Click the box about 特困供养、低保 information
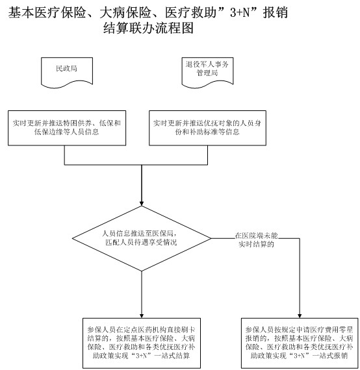[x=67, y=128]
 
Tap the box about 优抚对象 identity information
[x=207, y=128]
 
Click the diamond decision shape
[x=142, y=238]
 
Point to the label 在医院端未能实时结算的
[x=256, y=240]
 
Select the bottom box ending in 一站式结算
[x=142, y=343]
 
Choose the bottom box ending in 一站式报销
[x=300, y=343]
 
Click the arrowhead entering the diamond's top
[x=142, y=204]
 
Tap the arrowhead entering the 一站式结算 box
[x=142, y=315]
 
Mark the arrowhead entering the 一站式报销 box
[x=300, y=315]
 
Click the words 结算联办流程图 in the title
[x=148, y=28]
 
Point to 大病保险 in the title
[x=125, y=12]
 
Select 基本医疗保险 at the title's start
[x=47, y=12]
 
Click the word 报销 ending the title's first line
[x=276, y=12]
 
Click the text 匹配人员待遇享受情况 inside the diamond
[x=141, y=242]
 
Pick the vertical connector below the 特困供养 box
[x=64, y=155]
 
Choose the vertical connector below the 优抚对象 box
[x=208, y=155]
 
